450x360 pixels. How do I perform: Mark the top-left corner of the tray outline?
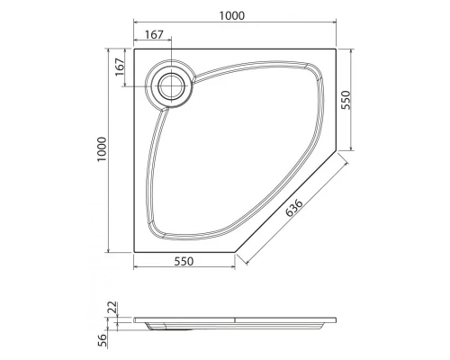coord(133,48)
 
